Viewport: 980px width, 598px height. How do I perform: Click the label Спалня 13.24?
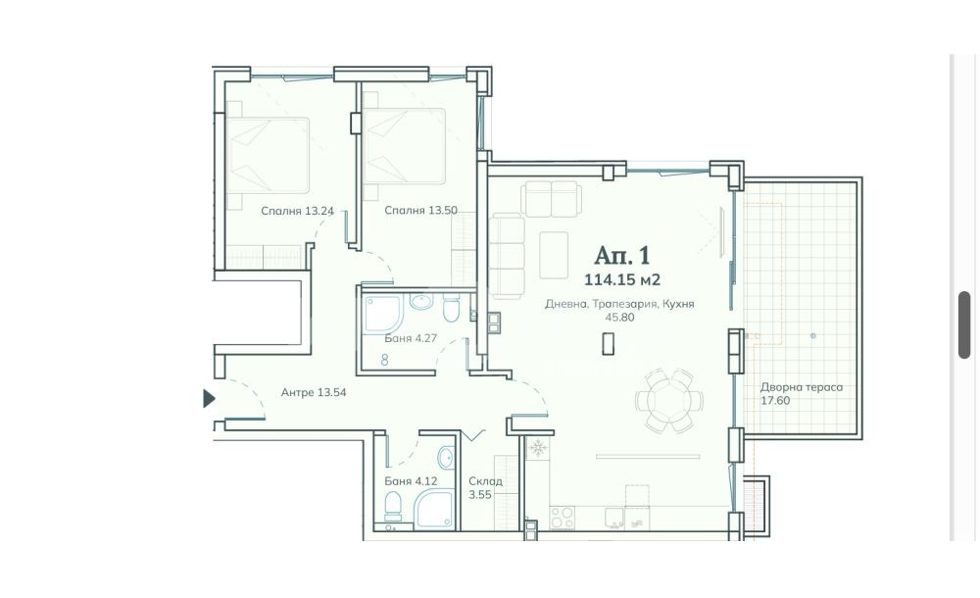click(297, 211)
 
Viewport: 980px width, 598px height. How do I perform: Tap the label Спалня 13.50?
click(420, 210)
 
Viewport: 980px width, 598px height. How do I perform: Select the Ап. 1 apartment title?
click(622, 255)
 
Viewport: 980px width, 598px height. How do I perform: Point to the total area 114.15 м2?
click(622, 279)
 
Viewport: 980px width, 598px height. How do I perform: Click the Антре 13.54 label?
click(314, 393)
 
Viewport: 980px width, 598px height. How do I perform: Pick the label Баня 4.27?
click(411, 338)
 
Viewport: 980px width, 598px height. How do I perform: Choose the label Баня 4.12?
click(411, 481)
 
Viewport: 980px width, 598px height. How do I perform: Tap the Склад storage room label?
click(486, 481)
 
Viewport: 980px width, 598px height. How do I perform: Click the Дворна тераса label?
click(802, 387)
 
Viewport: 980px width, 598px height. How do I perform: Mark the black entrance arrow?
click(210, 398)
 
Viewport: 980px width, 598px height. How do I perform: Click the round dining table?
click(668, 400)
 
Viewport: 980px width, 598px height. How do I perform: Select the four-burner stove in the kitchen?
click(562, 518)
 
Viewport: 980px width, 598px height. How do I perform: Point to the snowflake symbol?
click(537, 448)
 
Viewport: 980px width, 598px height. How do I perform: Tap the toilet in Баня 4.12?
click(393, 507)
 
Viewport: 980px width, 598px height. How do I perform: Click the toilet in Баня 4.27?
click(451, 309)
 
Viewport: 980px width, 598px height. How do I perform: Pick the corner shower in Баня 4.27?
click(382, 314)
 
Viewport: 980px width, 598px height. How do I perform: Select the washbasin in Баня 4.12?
click(446, 458)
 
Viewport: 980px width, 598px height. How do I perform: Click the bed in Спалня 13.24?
click(268, 155)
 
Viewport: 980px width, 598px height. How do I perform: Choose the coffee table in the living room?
click(554, 255)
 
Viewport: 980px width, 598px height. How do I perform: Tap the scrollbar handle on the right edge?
click(963, 324)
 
